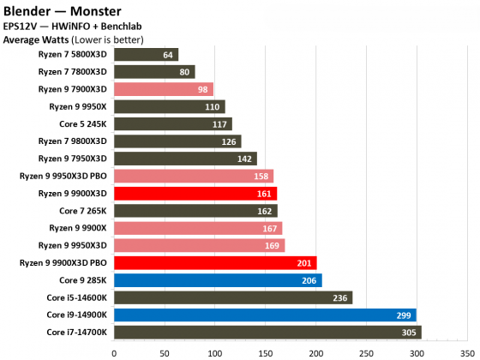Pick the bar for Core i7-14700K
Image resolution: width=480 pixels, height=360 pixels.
(x=267, y=332)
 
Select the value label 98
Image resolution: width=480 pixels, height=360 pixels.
(x=203, y=89)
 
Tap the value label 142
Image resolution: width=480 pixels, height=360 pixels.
(x=246, y=159)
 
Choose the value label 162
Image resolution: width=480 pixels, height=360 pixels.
(x=267, y=211)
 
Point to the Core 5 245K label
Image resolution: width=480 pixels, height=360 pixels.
(x=83, y=124)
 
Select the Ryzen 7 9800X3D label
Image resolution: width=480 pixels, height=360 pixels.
(x=73, y=141)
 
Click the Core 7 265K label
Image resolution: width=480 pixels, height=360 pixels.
(x=83, y=211)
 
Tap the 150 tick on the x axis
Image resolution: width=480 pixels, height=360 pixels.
(x=265, y=350)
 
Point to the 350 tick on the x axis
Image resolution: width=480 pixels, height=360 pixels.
(x=466, y=350)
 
